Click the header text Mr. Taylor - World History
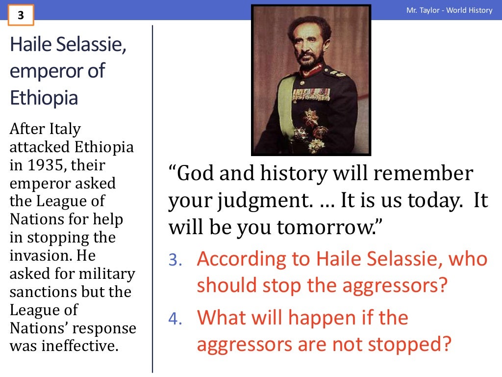pos(449,10)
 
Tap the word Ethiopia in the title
pos(44,98)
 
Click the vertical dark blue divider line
pos(152,196)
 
